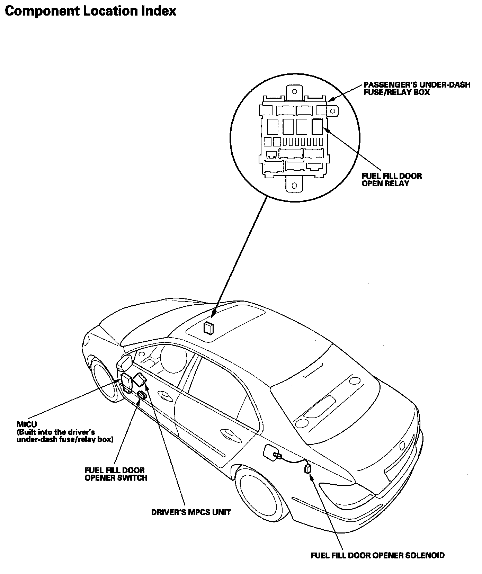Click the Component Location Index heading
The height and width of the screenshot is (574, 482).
pos(91,11)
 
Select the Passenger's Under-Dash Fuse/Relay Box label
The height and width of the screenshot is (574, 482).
pos(417,88)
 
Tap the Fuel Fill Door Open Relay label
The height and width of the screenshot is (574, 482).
pos(392,180)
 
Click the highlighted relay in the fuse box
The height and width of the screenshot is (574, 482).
pos(318,126)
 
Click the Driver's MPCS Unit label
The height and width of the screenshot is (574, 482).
pos(191,512)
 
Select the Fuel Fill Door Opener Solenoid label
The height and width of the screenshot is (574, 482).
pos(377,555)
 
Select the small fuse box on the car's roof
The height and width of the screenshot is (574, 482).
pos(209,328)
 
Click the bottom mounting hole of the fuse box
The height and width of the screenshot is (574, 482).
pos(294,185)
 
